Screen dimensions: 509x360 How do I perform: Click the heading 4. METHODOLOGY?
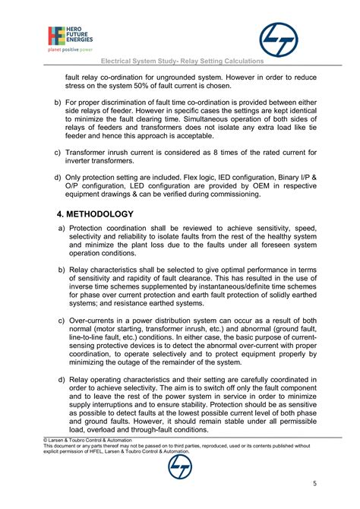click(86, 213)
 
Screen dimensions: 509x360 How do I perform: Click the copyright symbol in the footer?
click(45, 439)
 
